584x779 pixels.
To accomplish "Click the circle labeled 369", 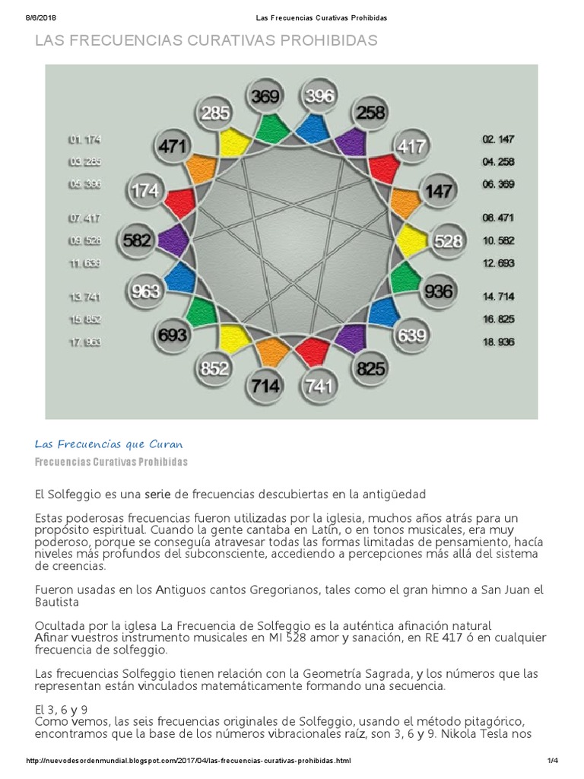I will coord(265,97).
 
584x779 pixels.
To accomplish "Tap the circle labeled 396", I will coord(318,97).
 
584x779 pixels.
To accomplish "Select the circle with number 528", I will coord(447,241).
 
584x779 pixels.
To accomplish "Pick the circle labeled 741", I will coord(318,386).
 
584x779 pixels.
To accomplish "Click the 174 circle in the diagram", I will coord(144,190).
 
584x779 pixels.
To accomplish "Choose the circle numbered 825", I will coord(370,369).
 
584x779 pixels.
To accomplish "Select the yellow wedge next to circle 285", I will coord(234,141).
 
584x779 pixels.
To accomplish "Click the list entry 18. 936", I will coord(498,342).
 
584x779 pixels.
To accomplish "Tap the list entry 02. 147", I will coord(498,139).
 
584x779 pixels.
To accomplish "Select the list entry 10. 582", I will coord(498,240).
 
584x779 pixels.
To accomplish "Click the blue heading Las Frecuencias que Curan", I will coord(109,444).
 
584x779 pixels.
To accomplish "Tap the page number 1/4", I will coord(553,761).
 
